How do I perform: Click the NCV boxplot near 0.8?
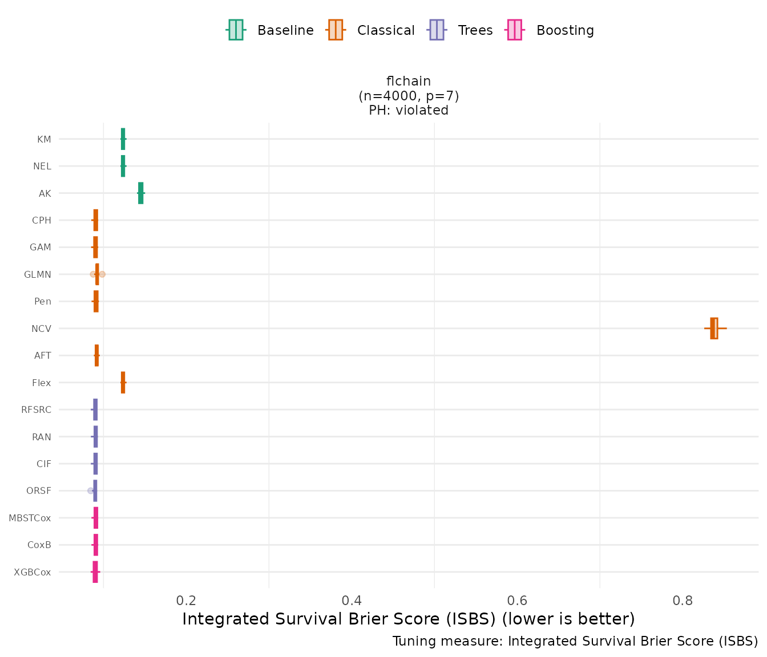click(x=714, y=328)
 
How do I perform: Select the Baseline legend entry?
click(x=270, y=30)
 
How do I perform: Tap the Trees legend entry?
click(x=460, y=30)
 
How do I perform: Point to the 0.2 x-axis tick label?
click(x=186, y=601)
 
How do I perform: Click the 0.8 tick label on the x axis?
click(x=683, y=601)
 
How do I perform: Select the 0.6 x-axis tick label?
click(x=517, y=601)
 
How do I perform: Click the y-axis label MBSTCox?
click(x=30, y=518)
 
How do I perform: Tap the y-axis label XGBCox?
click(x=33, y=572)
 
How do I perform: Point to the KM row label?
click(x=44, y=139)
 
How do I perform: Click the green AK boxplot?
click(x=140, y=193)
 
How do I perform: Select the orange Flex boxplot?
click(x=123, y=383)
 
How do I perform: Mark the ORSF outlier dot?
click(x=90, y=490)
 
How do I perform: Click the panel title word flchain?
click(x=409, y=82)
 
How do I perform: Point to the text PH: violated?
click(x=409, y=111)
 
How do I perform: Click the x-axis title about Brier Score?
click(x=408, y=619)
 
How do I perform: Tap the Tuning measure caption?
click(x=575, y=642)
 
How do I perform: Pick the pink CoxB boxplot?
click(x=95, y=545)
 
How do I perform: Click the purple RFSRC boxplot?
click(x=95, y=409)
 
